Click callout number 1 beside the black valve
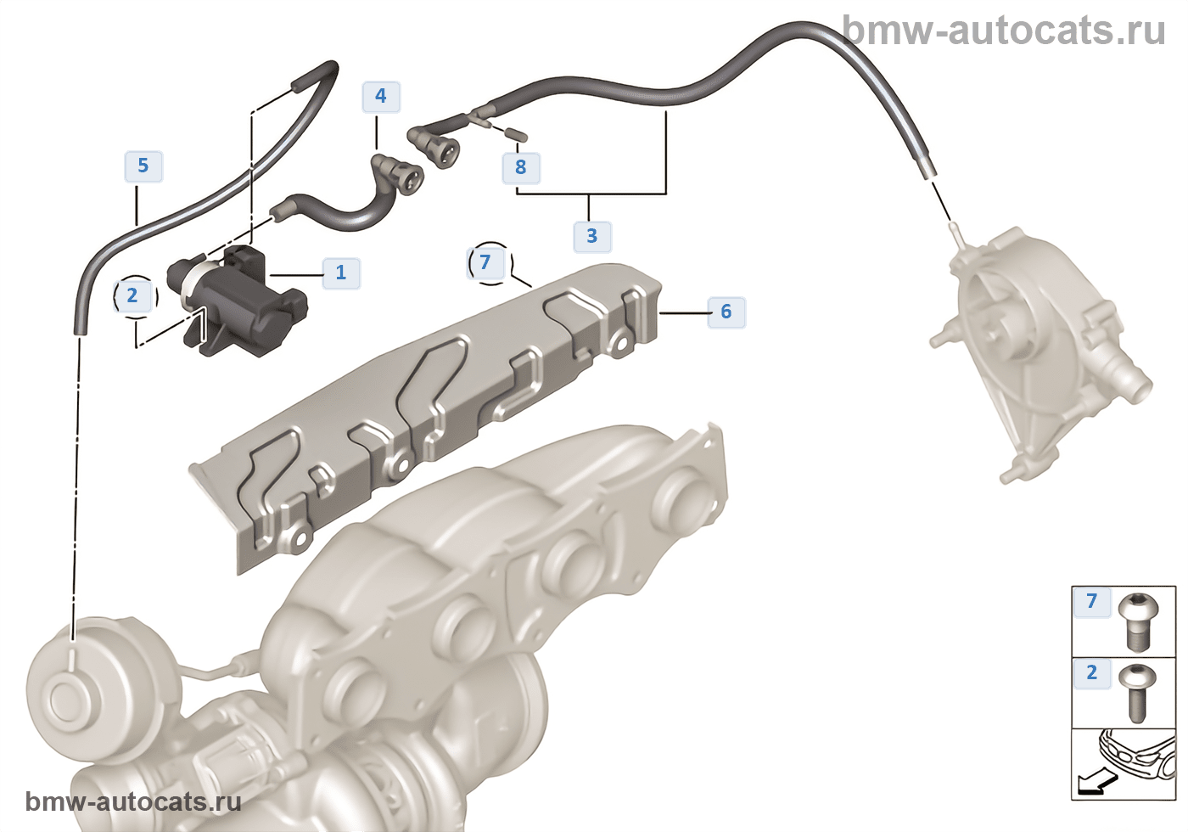(x=340, y=273)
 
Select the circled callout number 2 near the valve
(x=132, y=295)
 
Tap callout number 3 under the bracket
(x=591, y=236)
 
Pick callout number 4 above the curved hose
(x=381, y=96)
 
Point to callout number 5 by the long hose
(x=143, y=166)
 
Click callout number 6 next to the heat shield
(x=726, y=312)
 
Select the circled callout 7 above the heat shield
(x=485, y=261)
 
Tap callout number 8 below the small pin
(x=521, y=167)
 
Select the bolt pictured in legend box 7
(x=1138, y=620)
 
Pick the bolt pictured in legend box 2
(x=1136, y=692)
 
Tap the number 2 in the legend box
(x=1092, y=673)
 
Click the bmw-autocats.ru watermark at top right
(x=1005, y=31)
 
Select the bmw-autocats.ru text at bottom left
(x=133, y=801)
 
